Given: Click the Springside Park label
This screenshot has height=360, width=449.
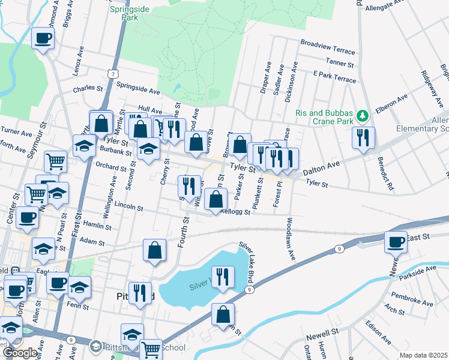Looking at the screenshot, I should (125, 14).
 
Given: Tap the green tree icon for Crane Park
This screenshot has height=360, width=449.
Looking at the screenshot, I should (361, 115).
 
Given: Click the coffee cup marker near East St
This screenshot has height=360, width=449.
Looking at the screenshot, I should (396, 242).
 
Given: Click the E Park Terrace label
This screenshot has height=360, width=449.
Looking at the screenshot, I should (334, 79).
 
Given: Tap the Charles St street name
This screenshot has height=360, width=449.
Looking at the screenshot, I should (88, 89).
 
